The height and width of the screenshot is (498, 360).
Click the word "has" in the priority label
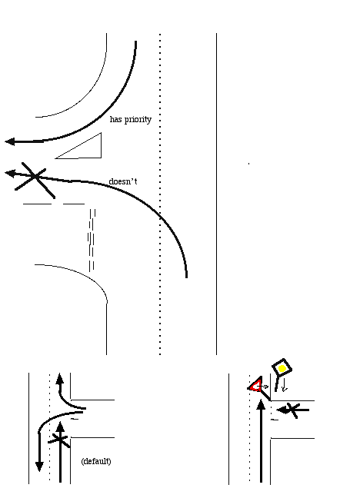[115, 119]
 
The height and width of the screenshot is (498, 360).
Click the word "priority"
[138, 120]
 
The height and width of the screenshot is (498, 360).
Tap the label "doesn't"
[123, 181]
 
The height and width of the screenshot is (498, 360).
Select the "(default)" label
[96, 461]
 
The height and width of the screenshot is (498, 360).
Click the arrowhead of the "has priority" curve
[10, 141]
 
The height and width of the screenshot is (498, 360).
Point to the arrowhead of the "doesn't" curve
[10, 174]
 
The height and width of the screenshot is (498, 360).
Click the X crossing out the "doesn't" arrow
[35, 179]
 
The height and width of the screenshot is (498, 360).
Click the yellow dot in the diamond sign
[282, 369]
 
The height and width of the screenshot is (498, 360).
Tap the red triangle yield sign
[256, 386]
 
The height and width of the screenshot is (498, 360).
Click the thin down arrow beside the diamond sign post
[284, 384]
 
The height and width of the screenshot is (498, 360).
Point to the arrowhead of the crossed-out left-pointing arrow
[282, 410]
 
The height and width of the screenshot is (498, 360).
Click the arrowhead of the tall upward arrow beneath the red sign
[261, 405]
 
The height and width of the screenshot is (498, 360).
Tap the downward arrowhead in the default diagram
[39, 467]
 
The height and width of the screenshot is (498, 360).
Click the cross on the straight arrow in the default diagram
[59, 440]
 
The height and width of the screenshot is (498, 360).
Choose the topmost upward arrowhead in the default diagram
[59, 379]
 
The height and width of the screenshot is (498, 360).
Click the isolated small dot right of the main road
[248, 164]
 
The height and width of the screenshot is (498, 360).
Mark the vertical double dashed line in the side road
[92, 240]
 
